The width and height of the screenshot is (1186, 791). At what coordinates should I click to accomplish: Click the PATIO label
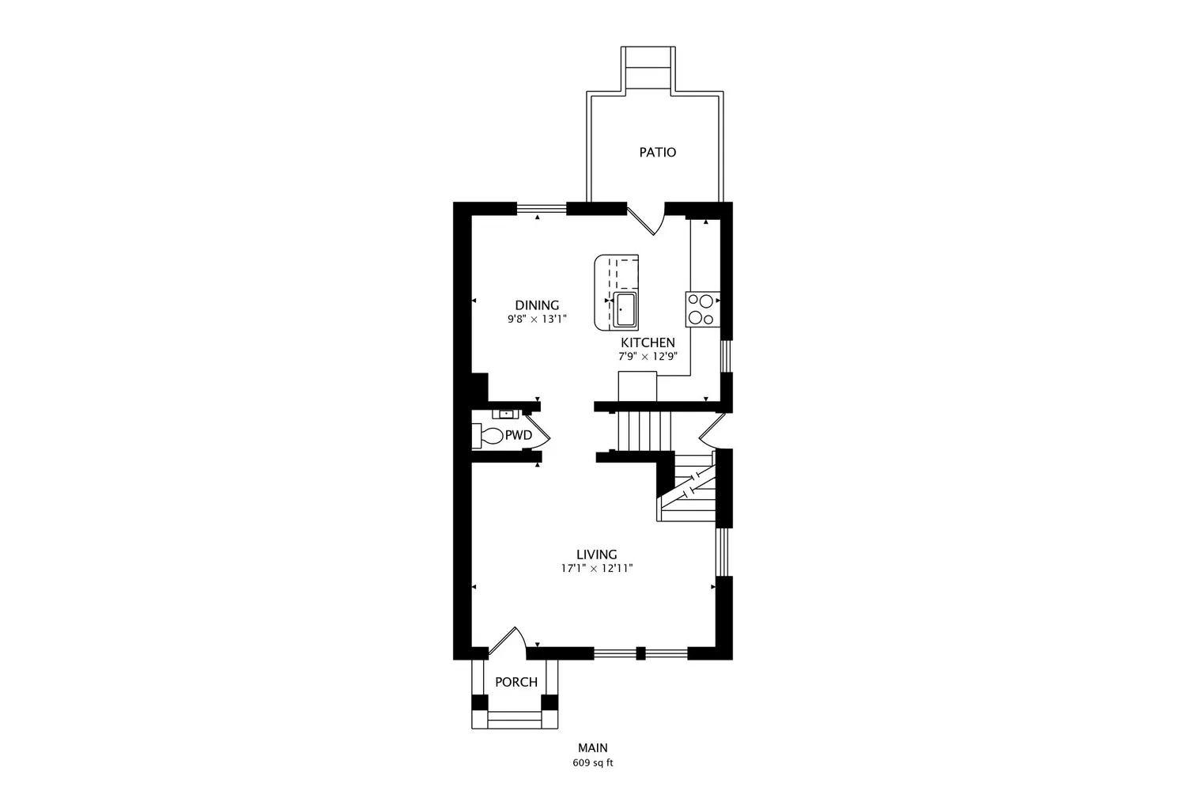(x=658, y=153)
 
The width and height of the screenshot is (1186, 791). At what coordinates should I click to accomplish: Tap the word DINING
(x=537, y=305)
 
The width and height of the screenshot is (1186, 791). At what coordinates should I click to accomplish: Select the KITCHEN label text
(x=648, y=343)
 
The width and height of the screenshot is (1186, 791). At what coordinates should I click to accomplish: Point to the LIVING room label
(x=597, y=554)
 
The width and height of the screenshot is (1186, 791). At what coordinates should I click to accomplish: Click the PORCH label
(x=516, y=683)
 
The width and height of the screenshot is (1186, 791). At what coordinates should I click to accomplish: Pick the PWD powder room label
(x=519, y=436)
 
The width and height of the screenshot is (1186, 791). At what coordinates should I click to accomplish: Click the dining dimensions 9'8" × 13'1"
(x=537, y=319)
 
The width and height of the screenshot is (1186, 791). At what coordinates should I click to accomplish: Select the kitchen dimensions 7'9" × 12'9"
(x=648, y=357)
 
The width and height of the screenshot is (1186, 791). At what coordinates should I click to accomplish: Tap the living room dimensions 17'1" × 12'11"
(x=597, y=569)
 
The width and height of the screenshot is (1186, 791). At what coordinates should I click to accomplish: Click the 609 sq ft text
(x=593, y=763)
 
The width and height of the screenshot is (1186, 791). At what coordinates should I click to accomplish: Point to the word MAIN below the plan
(x=593, y=748)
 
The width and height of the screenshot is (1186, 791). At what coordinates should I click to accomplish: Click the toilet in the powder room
(x=487, y=436)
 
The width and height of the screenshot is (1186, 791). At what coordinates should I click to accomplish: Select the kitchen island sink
(x=625, y=309)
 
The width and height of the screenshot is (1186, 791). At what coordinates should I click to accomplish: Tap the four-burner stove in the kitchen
(x=703, y=308)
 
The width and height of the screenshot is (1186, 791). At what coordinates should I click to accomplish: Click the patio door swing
(x=647, y=220)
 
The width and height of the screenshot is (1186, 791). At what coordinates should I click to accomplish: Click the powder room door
(x=538, y=433)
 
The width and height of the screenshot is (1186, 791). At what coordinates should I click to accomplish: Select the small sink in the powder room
(x=506, y=414)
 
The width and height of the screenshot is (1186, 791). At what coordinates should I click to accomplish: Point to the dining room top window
(x=542, y=209)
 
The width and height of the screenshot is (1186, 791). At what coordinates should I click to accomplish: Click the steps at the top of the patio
(x=648, y=67)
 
